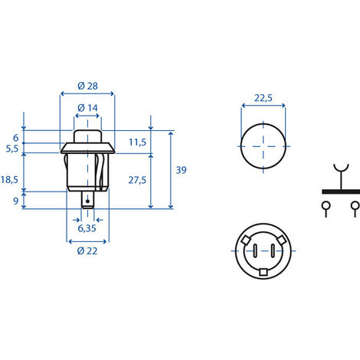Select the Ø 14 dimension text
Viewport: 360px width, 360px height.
[x=88, y=108]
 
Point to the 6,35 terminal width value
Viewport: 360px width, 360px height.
[x=87, y=227]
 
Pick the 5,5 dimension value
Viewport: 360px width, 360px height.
[x=11, y=149]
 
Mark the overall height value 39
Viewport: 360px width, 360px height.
[x=181, y=169]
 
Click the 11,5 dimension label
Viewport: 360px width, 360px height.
[x=137, y=142]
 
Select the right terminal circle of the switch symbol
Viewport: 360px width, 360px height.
[x=354, y=205]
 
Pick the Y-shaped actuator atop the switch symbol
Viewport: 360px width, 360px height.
[x=339, y=172]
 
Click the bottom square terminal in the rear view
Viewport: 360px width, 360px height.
[x=264, y=271]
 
